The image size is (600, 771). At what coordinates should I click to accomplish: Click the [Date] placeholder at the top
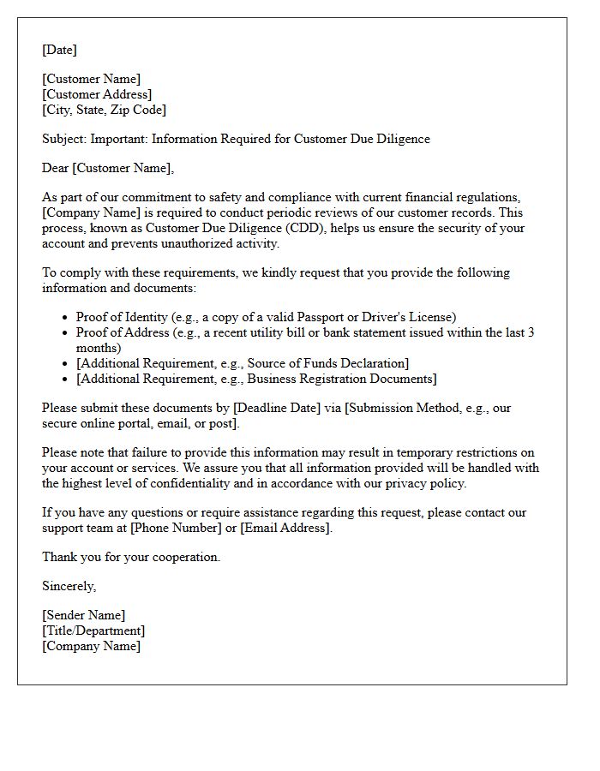59,50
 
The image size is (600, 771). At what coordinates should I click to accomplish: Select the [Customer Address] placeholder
97,94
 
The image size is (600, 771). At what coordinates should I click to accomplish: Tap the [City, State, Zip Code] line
104,110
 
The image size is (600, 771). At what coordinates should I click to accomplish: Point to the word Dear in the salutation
55,168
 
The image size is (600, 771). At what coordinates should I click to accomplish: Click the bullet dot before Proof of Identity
66,318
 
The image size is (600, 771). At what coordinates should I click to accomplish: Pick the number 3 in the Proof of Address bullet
531,332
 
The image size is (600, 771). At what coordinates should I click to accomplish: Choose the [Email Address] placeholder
285,528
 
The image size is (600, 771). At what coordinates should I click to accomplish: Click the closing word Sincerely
69,586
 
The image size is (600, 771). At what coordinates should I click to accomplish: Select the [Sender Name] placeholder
83,615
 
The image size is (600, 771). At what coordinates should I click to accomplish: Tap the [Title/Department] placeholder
93,631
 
